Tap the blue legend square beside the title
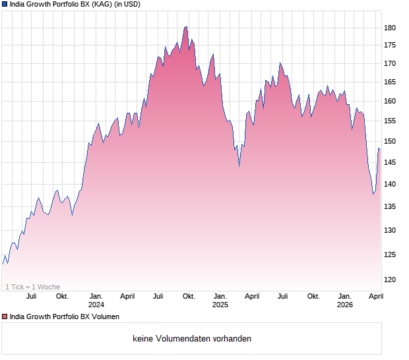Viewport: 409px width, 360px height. click(5, 4)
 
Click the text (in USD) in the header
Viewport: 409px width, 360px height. click(127, 4)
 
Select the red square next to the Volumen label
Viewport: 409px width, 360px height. click(5, 317)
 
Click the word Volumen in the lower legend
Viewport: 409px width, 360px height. click(106, 317)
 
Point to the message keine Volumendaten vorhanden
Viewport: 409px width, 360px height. click(191, 339)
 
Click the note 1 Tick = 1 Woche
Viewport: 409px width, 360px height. click(32, 287)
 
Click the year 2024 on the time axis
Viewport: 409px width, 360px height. click(96, 305)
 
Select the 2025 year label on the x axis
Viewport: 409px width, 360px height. click(220, 305)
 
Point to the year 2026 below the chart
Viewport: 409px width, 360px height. click(345, 305)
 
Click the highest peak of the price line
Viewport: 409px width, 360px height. click(186, 27)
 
